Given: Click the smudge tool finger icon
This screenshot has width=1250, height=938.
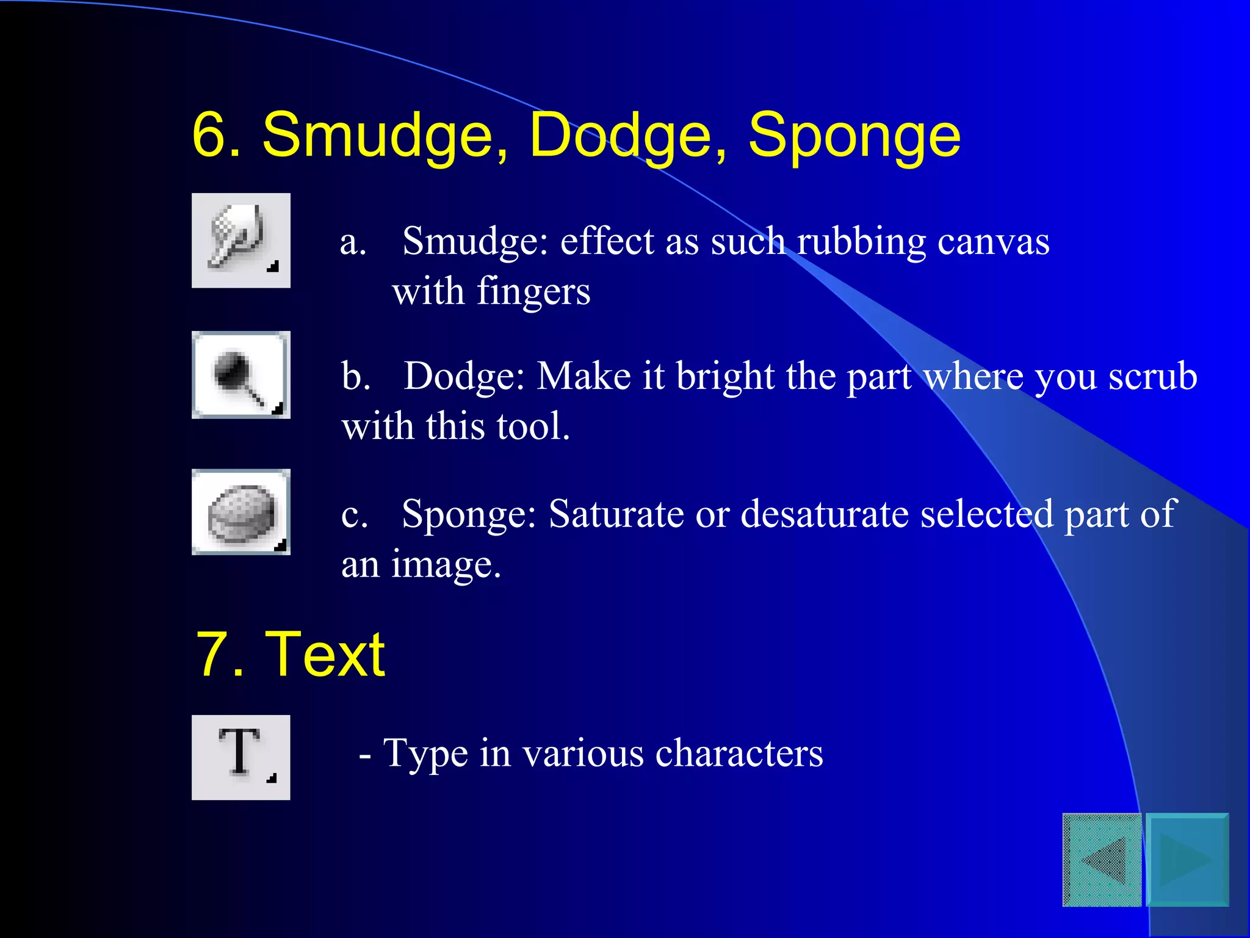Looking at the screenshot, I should [x=240, y=240].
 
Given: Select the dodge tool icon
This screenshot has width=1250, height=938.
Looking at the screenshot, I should [x=240, y=375].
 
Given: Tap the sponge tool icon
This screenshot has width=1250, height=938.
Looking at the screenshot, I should [x=240, y=512].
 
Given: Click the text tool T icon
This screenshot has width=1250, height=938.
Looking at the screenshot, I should [x=240, y=757].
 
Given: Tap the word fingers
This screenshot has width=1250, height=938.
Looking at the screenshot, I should [x=533, y=292].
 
